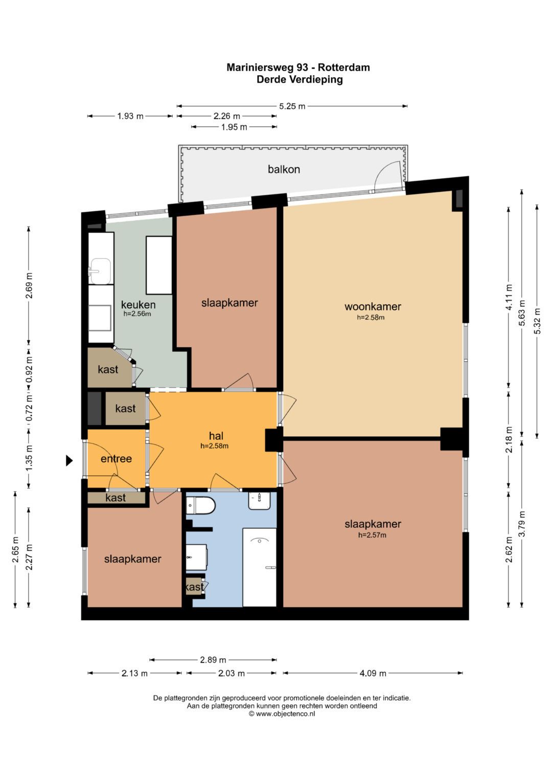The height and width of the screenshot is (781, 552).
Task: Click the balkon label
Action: pyautogui.click(x=284, y=169)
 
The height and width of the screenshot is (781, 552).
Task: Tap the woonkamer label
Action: pyautogui.click(x=373, y=306)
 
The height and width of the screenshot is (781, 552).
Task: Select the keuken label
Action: pyautogui.click(x=139, y=305)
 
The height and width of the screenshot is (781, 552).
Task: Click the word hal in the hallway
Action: pyautogui.click(x=216, y=435)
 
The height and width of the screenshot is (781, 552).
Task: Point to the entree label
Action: pyautogui.click(x=116, y=458)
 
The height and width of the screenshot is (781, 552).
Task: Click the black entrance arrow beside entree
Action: pyautogui.click(x=70, y=461)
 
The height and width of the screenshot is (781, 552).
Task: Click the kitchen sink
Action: pyautogui.click(x=100, y=271)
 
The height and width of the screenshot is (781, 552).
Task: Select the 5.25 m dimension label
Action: pyautogui.click(x=292, y=106)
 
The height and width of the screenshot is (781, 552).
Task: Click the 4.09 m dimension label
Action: pyautogui.click(x=373, y=673)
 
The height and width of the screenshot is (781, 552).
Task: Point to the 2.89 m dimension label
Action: pyautogui.click(x=213, y=660)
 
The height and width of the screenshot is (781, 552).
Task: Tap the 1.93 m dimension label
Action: pyautogui.click(x=130, y=116)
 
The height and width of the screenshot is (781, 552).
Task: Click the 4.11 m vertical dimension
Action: pyautogui.click(x=509, y=297)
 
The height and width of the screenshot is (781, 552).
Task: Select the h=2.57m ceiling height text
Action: pyautogui.click(x=372, y=535)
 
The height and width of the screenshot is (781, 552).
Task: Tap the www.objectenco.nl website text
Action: pyautogui.click(x=285, y=713)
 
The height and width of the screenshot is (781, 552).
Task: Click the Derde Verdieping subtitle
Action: pyautogui.click(x=300, y=79)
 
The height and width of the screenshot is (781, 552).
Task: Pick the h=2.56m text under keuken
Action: pyautogui.click(x=137, y=314)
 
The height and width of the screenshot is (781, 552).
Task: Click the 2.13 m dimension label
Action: pyautogui.click(x=134, y=673)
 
